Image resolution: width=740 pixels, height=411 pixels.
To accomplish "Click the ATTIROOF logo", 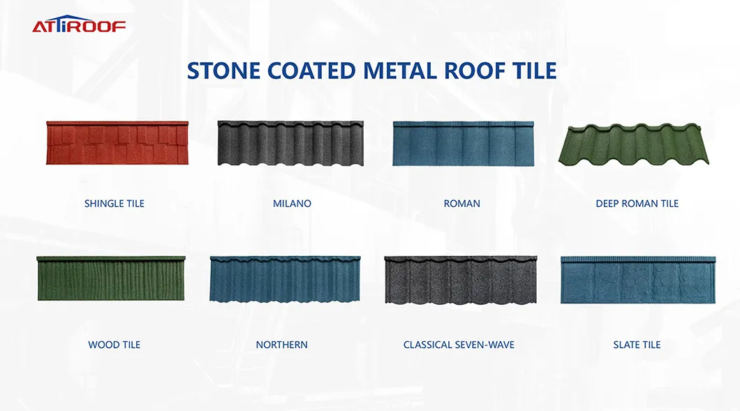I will (79, 26).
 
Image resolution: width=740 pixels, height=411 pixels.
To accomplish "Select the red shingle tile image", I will (117, 143).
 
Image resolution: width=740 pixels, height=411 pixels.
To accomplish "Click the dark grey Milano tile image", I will (290, 143).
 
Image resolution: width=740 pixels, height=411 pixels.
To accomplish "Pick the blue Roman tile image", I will (463, 143).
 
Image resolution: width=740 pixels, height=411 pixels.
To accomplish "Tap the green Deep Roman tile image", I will (634, 144).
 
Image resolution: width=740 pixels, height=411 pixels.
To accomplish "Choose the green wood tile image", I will (111, 278).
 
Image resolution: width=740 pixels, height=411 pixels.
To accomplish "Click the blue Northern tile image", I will (286, 279).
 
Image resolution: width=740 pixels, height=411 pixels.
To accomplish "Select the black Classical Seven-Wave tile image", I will (461, 280).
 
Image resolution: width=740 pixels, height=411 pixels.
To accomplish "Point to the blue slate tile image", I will (638, 280).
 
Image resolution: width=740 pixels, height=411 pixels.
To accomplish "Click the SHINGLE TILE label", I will (114, 204).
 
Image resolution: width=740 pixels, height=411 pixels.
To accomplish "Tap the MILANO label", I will (292, 204).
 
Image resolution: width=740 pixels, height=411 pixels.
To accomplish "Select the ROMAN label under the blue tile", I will (462, 204).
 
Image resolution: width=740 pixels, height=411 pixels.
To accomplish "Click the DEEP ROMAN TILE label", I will (637, 204).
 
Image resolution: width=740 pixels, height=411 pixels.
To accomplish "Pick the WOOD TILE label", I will (114, 345).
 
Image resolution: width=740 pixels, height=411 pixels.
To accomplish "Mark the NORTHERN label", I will (281, 345).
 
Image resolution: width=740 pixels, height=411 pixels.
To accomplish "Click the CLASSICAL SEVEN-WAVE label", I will (459, 345).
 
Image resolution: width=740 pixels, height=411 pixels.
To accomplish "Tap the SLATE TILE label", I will (637, 345).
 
